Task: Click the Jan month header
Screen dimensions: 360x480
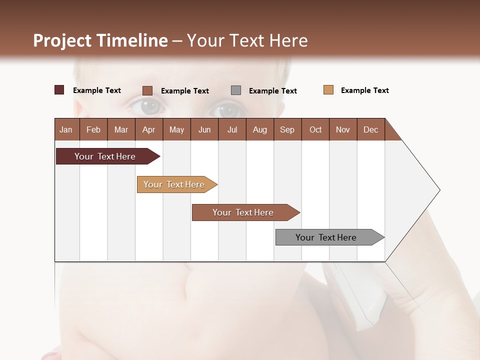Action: (x=66, y=129)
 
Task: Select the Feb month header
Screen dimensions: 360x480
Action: (x=93, y=129)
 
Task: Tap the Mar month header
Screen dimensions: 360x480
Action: (x=121, y=129)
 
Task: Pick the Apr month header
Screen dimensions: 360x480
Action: (x=148, y=129)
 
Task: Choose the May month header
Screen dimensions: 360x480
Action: (x=176, y=129)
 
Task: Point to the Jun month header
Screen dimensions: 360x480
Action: (x=204, y=129)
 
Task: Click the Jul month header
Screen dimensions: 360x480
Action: (x=232, y=129)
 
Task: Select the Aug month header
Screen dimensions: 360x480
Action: (x=259, y=129)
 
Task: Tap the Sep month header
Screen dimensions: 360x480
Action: (x=287, y=129)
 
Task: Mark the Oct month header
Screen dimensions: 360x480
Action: (x=315, y=129)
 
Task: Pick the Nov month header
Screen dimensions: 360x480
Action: (x=343, y=129)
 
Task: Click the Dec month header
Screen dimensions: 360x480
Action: (x=370, y=129)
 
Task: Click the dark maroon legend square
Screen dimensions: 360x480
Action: (x=59, y=90)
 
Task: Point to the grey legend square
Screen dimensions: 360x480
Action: (x=236, y=90)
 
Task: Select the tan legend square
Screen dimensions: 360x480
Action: (x=328, y=90)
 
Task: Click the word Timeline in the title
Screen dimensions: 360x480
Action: (x=132, y=40)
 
